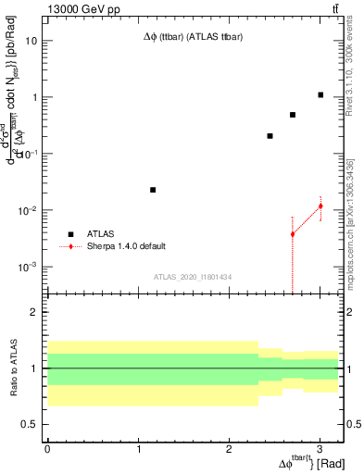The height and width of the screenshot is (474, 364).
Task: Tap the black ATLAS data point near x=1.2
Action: coord(153,190)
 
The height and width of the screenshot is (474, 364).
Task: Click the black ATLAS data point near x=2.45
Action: coord(270,136)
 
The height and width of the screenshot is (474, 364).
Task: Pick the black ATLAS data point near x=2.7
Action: coord(293,115)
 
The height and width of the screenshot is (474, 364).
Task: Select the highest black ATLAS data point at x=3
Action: coord(320,94)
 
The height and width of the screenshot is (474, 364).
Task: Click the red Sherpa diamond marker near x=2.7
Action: coord(293,234)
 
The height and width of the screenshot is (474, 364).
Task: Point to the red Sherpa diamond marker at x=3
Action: coord(320,206)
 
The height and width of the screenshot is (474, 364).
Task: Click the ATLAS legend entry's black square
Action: coord(69,234)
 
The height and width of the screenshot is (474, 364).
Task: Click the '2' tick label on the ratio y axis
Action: coord(33,313)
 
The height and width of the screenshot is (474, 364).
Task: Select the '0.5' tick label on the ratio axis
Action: coord(29,425)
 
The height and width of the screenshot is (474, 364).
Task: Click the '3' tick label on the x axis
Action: coord(320,449)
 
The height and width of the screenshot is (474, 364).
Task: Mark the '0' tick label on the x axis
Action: coord(47,449)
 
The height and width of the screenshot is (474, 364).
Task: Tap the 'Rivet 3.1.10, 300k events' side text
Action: coord(355,75)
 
